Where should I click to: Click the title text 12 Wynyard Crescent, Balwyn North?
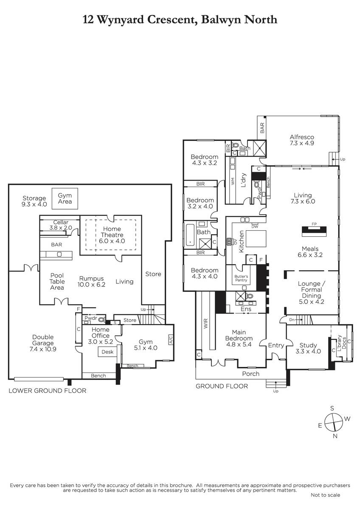180,20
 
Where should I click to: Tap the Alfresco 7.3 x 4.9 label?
302,140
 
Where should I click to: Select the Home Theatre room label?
112,235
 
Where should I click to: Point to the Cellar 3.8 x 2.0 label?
61,225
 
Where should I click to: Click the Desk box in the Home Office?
107,352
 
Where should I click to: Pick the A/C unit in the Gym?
171,339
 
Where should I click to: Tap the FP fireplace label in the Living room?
314,224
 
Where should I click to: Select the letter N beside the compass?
335,436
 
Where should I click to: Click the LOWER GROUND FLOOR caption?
48,391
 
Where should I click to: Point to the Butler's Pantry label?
241,278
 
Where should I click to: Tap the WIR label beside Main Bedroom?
206,323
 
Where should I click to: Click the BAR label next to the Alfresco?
262,128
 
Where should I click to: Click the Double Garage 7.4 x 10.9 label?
43,343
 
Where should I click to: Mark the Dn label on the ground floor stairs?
292,320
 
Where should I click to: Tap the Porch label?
250,374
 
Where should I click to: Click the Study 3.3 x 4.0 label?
308,348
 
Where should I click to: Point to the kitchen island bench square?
256,238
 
